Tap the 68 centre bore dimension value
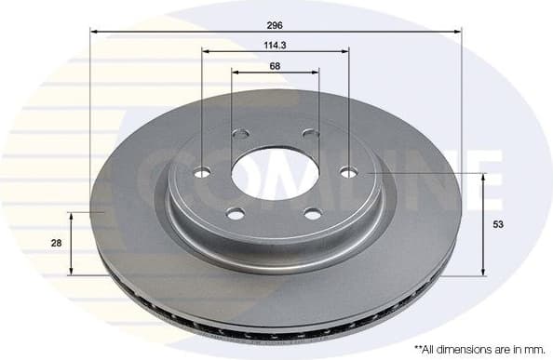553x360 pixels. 274,65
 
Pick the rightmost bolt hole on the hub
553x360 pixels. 348,171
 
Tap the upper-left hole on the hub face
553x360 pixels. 238,133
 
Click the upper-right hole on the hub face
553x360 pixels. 311,134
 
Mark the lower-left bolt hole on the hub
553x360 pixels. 236,213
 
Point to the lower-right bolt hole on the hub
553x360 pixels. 314,214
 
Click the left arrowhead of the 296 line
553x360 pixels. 93,30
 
